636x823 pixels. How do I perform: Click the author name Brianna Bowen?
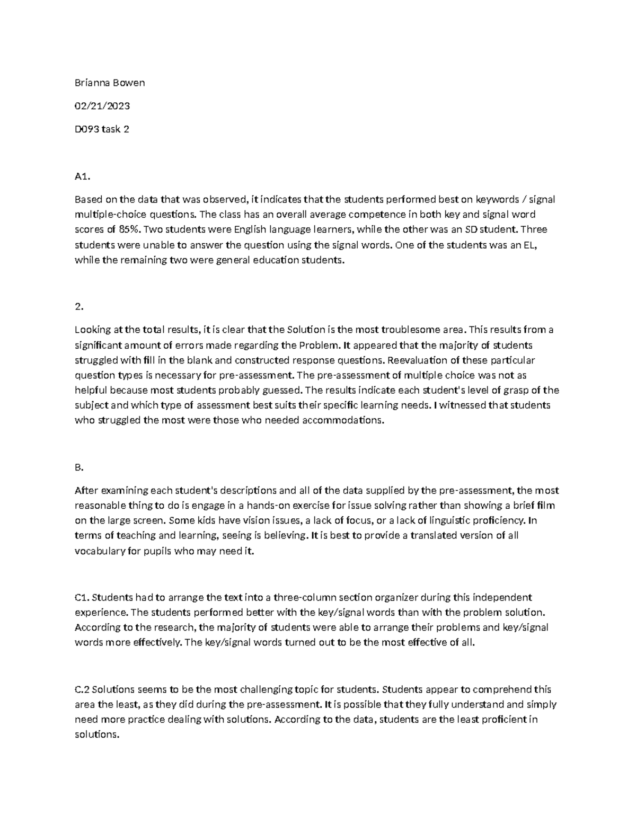tap(110, 83)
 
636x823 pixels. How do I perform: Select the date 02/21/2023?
tap(102, 106)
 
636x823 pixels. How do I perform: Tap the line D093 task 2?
tap(102, 129)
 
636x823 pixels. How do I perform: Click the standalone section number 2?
tap(79, 306)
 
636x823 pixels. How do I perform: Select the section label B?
tap(79, 467)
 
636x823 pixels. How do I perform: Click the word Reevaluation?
tap(419, 360)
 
